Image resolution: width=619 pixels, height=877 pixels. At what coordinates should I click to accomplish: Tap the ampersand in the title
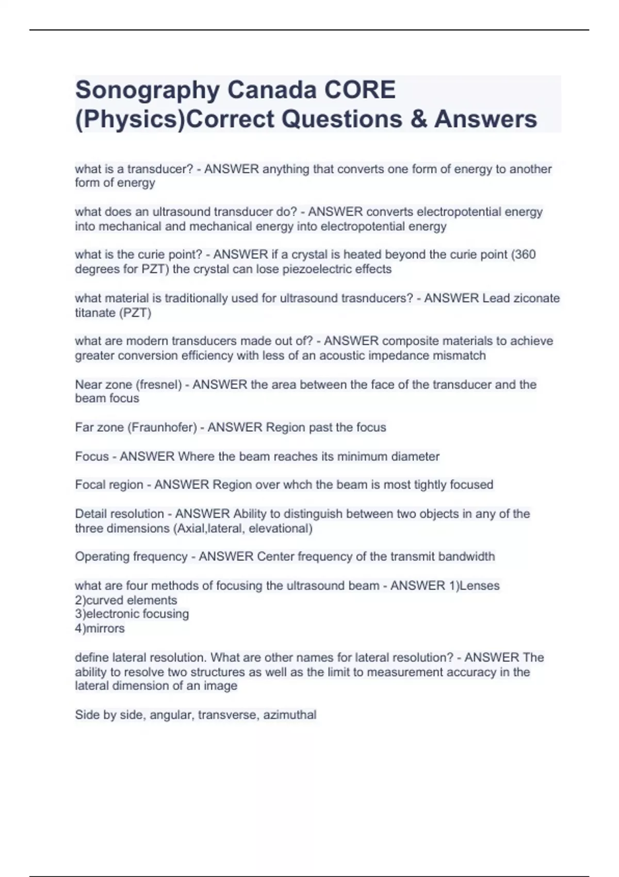pyautogui.click(x=417, y=119)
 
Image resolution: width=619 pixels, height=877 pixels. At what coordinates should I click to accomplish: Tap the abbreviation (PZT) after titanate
pyautogui.click(x=135, y=313)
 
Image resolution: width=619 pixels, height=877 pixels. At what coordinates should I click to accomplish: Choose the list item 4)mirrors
pyautogui.click(x=100, y=628)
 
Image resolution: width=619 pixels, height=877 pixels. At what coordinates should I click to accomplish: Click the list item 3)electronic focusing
pyautogui.click(x=132, y=614)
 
